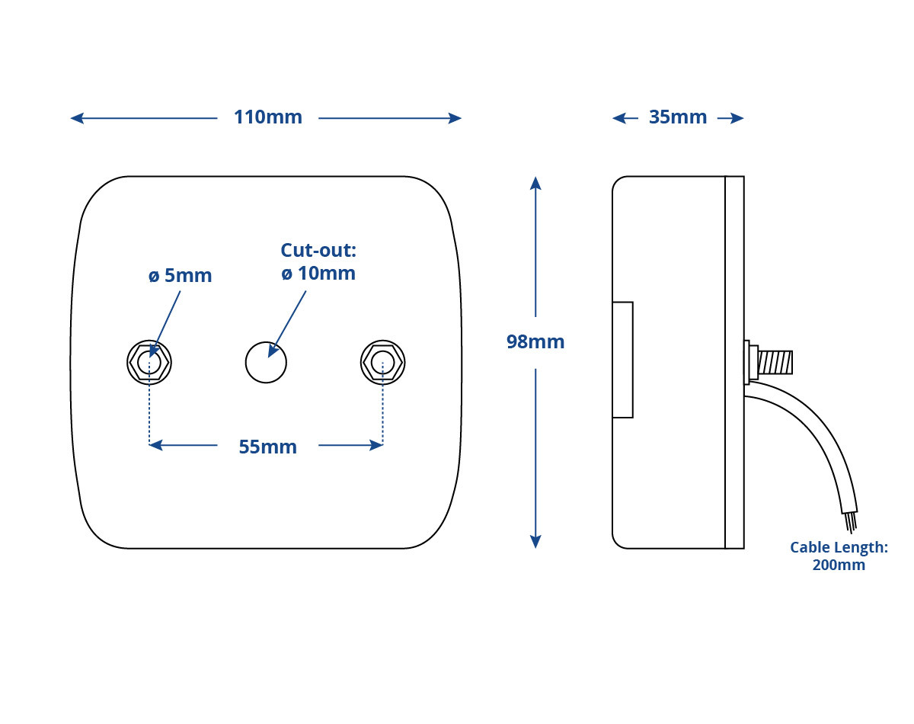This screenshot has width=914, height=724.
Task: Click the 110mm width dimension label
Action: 268,117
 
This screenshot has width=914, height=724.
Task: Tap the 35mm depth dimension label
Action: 678,117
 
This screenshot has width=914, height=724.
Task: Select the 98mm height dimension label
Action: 535,342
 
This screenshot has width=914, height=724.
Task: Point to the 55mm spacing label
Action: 268,447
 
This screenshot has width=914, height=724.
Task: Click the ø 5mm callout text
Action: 180,275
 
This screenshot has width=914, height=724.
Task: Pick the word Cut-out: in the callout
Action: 318,251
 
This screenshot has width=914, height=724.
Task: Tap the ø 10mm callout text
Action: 318,274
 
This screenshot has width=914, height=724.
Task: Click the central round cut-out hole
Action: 266,363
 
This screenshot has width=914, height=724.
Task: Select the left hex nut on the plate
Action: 149,363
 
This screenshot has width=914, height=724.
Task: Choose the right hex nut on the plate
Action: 382,363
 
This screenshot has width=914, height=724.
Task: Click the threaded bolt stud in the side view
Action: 775,362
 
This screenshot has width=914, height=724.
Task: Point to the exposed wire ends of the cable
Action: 851,522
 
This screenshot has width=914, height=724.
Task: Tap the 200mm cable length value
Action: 839,565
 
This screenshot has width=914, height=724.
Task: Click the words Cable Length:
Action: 839,547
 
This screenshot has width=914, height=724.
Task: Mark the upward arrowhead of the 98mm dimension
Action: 535,183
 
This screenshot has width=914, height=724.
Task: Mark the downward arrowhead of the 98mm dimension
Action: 535,542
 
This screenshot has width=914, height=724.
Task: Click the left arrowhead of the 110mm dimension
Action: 77,118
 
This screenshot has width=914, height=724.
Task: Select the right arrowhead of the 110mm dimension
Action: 455,118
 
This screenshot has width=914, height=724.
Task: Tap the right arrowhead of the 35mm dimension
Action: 737,118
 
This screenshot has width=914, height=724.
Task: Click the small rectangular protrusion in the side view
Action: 622,360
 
